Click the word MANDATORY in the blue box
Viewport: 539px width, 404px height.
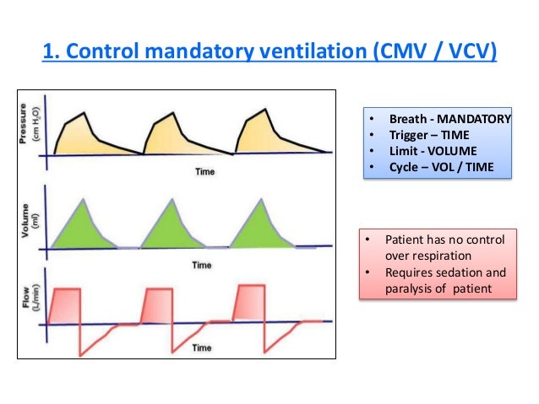point(474,119)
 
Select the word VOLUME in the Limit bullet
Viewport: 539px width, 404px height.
point(449,151)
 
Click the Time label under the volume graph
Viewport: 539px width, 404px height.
point(201,264)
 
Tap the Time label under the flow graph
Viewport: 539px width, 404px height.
point(201,347)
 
